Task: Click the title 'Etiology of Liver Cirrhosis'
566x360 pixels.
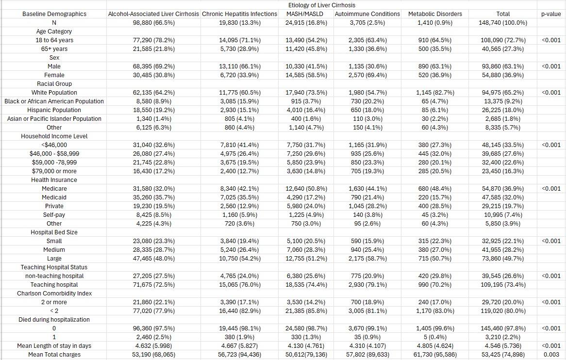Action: click(x=322, y=5)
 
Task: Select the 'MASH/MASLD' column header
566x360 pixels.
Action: click(x=305, y=14)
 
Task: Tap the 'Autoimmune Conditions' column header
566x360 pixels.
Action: click(x=367, y=14)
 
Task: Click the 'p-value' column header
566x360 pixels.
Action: click(x=551, y=14)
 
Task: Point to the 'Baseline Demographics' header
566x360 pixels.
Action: click(x=54, y=14)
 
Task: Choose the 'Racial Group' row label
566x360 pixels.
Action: click(x=54, y=83)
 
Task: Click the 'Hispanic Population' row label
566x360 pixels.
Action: click(x=54, y=110)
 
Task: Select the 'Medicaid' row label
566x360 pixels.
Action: click(x=54, y=197)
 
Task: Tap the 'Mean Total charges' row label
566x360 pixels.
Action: click(x=54, y=355)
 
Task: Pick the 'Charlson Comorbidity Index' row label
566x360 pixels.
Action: click(x=54, y=293)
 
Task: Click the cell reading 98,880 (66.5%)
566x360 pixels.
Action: click(x=153, y=23)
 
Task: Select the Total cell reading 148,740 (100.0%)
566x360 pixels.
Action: click(x=503, y=23)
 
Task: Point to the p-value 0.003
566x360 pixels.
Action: click(x=551, y=355)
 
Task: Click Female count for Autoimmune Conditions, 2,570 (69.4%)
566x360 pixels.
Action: click(x=367, y=75)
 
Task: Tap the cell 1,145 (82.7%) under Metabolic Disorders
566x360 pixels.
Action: click(x=435, y=93)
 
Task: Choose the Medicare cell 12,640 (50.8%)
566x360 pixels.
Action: click(x=306, y=189)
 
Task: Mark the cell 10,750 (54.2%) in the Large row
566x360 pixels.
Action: click(x=240, y=259)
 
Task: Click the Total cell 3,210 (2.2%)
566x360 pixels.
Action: click(x=503, y=337)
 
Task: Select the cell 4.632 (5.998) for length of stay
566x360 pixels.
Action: click(x=153, y=346)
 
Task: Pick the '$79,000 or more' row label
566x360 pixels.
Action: click(x=54, y=171)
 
